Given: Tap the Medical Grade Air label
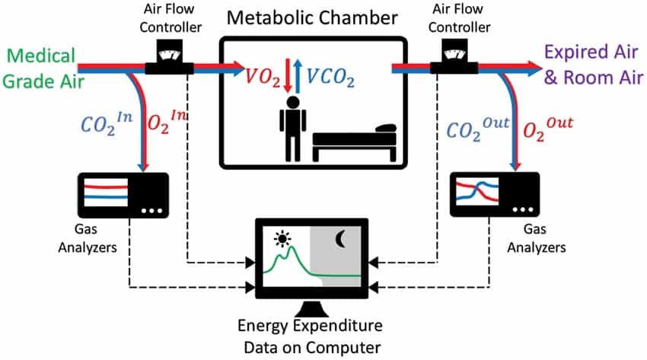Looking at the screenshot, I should (43, 67).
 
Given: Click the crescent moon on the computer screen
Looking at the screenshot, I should (339, 240).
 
